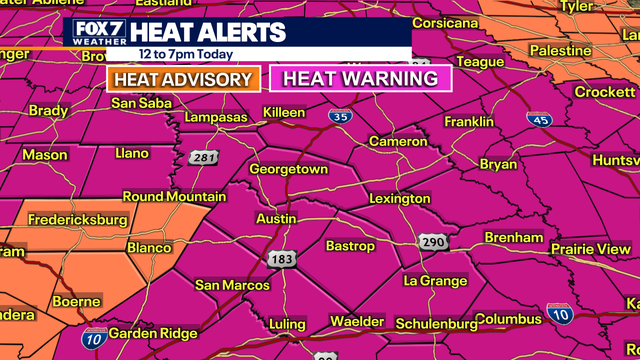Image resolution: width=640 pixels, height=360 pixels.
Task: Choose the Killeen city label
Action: (283, 112)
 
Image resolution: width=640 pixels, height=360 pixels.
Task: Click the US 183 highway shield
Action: (281, 259)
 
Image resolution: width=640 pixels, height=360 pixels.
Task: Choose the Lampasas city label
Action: (215, 118)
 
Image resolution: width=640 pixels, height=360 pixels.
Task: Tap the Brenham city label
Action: (513, 237)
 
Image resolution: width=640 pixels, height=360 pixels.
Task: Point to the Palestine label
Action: (561, 50)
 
